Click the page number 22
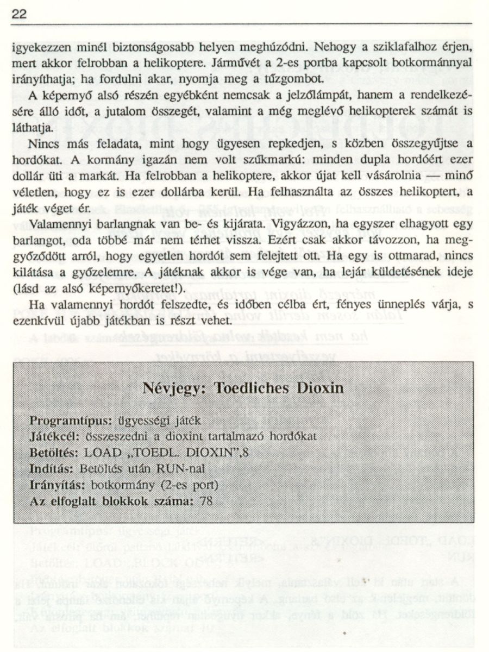[19, 14]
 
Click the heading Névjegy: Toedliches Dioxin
[243, 388]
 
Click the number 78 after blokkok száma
[206, 501]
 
